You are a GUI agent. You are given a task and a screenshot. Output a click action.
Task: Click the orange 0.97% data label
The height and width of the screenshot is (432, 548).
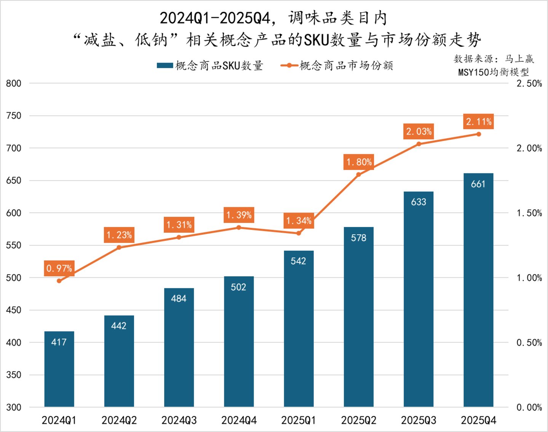tap(59, 268)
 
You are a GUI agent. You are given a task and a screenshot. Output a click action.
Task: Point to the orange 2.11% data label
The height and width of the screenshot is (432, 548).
tap(478, 122)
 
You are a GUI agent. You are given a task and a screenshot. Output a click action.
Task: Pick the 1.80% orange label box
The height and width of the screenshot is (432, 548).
tap(358, 162)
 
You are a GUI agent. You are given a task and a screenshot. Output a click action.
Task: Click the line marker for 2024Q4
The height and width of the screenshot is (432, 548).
tap(239, 227)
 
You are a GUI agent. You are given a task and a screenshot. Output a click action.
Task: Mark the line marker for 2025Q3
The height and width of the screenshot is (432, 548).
tap(419, 144)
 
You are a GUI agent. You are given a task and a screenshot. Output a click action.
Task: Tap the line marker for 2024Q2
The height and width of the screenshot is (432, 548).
tap(119, 247)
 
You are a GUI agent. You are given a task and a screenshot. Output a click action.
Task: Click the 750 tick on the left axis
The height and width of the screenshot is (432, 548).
tap(14, 116)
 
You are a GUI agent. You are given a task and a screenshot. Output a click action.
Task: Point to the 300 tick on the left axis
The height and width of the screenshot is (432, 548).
tap(14, 407)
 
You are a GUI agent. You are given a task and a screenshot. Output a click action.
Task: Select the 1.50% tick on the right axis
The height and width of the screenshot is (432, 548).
tap(529, 213)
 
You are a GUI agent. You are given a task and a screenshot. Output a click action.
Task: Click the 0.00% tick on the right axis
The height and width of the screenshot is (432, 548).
tap(529, 407)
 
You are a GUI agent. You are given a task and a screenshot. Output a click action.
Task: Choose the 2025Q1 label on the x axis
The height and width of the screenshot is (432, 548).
tap(298, 420)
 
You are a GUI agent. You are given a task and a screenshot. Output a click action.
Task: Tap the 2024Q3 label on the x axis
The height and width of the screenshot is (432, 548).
tap(179, 420)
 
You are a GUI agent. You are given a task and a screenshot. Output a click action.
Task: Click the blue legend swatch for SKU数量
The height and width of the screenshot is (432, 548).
tap(165, 66)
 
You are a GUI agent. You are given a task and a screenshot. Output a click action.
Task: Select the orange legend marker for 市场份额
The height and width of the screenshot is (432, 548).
tap(289, 66)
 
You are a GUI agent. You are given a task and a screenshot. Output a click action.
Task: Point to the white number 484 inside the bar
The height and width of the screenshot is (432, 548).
tap(179, 299)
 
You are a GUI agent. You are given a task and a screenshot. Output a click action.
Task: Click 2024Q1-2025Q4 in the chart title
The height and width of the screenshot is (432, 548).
tap(215, 18)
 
